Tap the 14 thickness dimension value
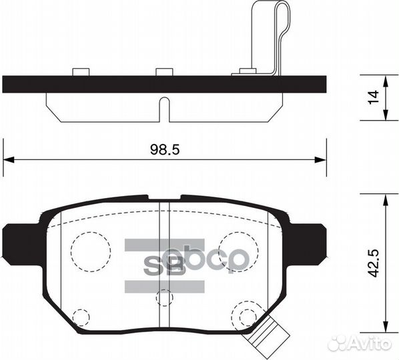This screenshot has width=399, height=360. click(x=374, y=97)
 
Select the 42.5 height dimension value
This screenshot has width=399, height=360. click(x=374, y=263)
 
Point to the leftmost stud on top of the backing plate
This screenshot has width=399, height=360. click(x=81, y=72)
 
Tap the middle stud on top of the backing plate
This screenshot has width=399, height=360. click(x=164, y=72)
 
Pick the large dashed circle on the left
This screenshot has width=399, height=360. click(x=91, y=251)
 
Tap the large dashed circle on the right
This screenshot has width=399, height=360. click(x=238, y=251)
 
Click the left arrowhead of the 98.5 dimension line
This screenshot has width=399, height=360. click(x=8, y=159)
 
